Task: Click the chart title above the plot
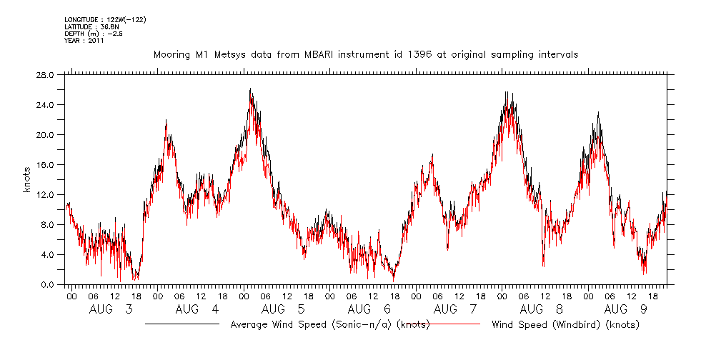point(366,54)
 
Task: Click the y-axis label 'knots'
point(26,180)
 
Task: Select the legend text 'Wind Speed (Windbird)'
point(565,324)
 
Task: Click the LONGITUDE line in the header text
point(105,19)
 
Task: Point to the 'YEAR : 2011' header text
point(84,41)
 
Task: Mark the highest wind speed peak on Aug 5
point(250,89)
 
